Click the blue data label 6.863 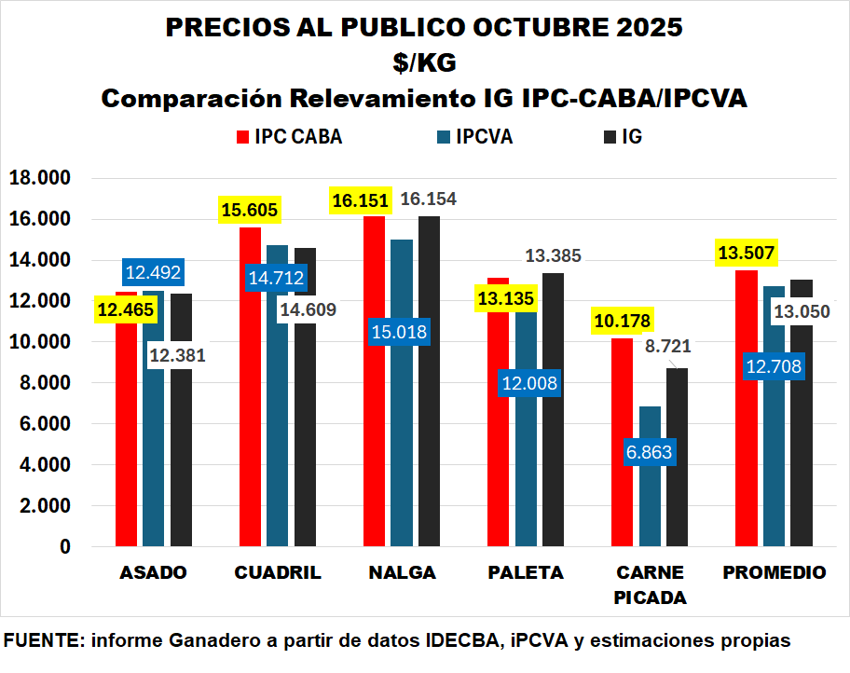(x=650, y=453)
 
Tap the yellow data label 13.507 (x=747, y=253)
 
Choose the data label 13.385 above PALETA (x=553, y=255)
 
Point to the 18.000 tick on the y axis (x=38, y=178)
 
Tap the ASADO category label (x=154, y=572)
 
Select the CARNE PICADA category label (x=650, y=584)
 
